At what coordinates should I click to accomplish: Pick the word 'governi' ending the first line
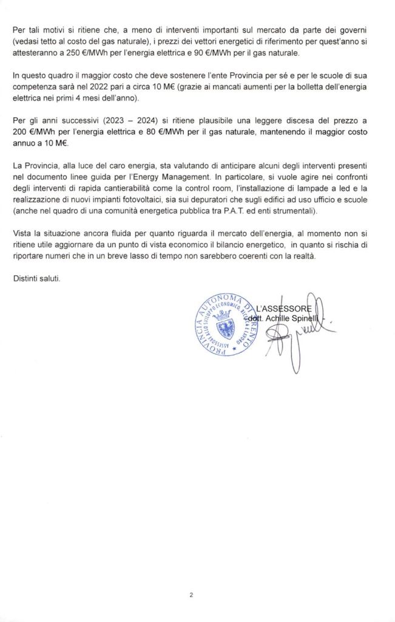pyautogui.click(x=365, y=29)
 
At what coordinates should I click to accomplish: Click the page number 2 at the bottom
pyautogui.click(x=191, y=595)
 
